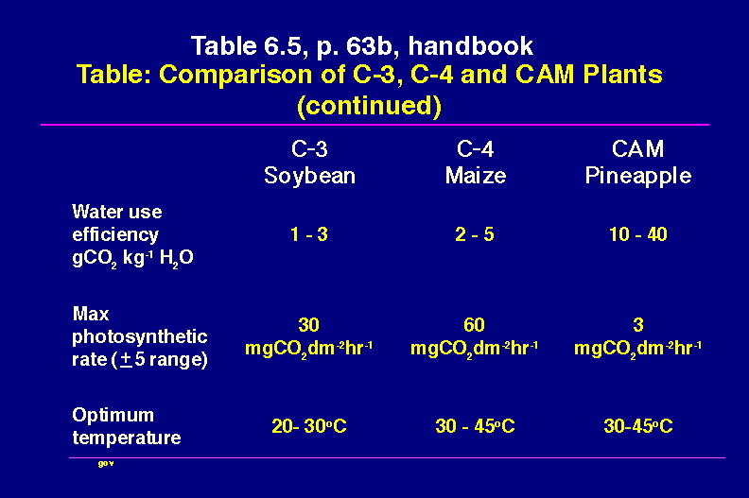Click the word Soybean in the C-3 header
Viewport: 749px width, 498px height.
coord(309,176)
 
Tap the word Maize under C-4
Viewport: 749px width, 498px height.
coord(476,175)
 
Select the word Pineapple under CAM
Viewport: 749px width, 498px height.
coord(638,176)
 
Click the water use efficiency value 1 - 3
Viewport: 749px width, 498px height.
coord(309,234)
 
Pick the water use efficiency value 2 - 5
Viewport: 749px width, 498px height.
coord(475,234)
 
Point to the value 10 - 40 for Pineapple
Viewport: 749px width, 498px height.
coord(638,234)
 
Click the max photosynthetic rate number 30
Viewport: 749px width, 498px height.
coord(308,325)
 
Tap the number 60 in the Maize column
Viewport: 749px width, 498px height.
coord(474,325)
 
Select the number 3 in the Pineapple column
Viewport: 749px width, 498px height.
coord(638,325)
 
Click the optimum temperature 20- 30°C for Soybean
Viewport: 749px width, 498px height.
coord(309,426)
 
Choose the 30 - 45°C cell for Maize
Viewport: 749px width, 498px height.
coord(475,426)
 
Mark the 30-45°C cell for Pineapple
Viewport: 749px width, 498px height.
coord(638,426)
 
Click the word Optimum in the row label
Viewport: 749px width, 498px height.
coord(113,416)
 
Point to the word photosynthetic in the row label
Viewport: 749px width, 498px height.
coord(139,336)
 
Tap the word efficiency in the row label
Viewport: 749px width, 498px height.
coord(115,234)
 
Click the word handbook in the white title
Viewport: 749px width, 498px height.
coord(471,46)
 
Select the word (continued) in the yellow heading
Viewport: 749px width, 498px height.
coord(369,106)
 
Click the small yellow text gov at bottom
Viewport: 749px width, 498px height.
coord(106,464)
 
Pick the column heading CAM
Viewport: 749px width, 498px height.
coord(637,149)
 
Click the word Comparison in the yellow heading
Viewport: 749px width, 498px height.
coord(235,75)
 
